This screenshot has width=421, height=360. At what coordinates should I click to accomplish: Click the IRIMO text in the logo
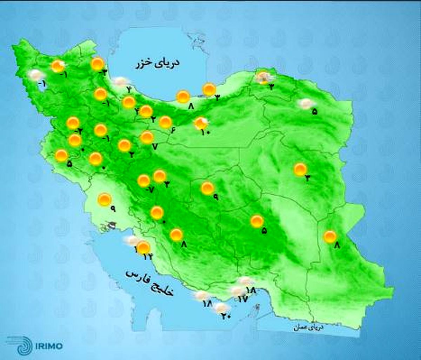(x=49, y=346)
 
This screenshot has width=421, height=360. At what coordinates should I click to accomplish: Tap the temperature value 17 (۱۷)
(x=243, y=299)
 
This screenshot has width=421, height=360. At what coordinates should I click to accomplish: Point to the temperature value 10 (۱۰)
(x=205, y=132)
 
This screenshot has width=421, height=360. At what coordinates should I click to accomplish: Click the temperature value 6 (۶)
(x=173, y=130)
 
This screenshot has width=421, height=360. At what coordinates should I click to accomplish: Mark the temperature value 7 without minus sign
(x=155, y=147)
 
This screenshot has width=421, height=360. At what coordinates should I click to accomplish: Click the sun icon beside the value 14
(x=143, y=247)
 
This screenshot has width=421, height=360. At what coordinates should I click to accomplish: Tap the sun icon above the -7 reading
(x=143, y=181)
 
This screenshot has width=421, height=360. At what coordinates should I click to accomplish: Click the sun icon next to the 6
(x=165, y=122)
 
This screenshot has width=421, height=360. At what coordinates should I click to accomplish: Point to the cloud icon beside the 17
(x=238, y=291)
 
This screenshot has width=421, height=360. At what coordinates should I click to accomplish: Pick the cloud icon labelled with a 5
(x=306, y=103)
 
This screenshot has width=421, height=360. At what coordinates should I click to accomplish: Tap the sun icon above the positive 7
(x=147, y=137)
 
